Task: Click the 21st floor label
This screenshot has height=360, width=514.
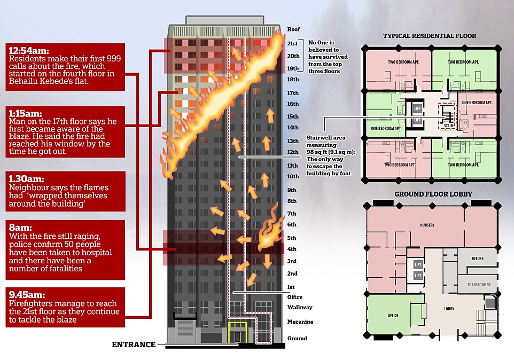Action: click(293, 43)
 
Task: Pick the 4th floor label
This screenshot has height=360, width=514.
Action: click(292, 249)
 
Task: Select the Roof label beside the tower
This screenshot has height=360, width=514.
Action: click(294, 29)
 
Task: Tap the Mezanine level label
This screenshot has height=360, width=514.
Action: click(300, 322)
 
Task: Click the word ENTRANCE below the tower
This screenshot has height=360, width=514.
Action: click(133, 345)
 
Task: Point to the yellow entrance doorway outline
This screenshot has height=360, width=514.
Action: click(237, 333)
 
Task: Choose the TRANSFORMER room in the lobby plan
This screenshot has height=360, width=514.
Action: click(478, 285)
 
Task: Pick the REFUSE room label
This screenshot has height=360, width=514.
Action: click(478, 259)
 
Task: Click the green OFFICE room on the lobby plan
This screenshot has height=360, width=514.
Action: click(393, 316)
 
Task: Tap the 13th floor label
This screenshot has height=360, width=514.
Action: click(293, 141)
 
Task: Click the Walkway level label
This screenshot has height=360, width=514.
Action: click(299, 307)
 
